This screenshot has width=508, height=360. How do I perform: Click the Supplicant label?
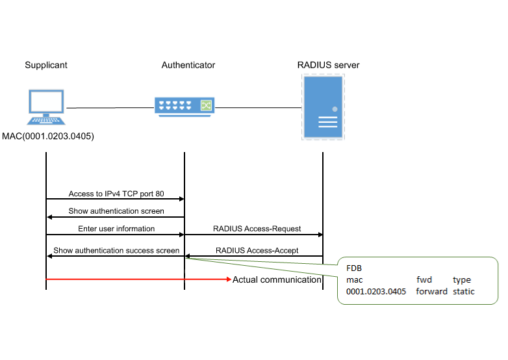tap(46, 65)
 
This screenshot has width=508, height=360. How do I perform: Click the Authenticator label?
tap(188, 65)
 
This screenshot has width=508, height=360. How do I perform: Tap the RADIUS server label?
tap(328, 65)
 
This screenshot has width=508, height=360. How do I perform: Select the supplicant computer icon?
tap(46, 107)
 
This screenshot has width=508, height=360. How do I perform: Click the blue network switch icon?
tap(184, 105)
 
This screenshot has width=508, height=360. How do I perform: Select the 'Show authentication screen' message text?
tap(116, 211)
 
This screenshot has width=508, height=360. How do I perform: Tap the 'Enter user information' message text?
tap(116, 229)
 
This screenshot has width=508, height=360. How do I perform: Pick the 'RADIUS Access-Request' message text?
tap(257, 229)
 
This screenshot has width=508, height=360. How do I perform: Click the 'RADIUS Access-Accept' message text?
tap(257, 250)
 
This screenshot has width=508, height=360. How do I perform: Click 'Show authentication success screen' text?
tap(116, 250)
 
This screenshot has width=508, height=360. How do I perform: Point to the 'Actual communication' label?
tap(277, 279)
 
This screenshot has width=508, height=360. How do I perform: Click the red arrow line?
tap(136, 279)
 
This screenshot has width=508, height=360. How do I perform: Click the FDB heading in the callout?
tap(353, 268)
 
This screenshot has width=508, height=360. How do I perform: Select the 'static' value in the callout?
tap(464, 292)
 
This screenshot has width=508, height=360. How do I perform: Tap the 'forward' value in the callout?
tap(431, 292)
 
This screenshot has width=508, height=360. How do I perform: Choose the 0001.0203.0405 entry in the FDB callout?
tap(376, 292)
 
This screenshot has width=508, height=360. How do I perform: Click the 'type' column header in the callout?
tap(462, 280)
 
